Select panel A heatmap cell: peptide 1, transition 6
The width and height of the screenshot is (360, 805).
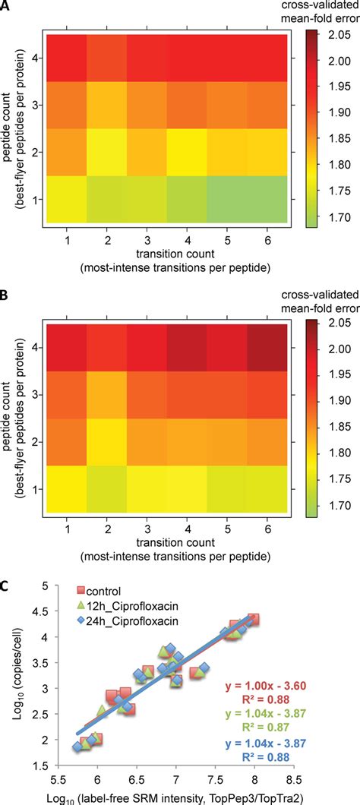(x=265, y=200)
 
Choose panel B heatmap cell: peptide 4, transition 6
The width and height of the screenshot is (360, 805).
(x=265, y=346)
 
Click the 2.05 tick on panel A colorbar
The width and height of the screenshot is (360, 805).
(x=339, y=35)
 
